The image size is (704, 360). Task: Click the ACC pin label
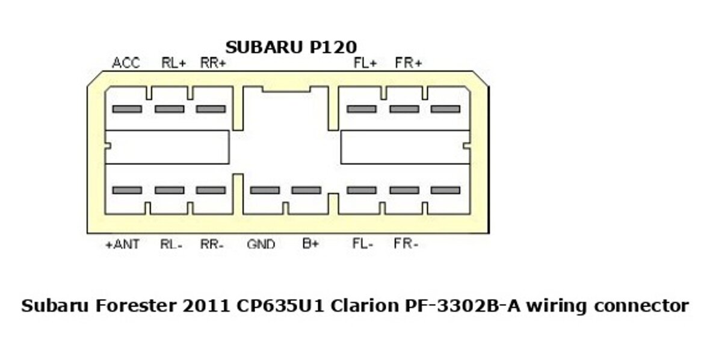(x=126, y=63)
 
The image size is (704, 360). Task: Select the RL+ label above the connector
(x=174, y=63)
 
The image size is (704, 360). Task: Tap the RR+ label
(x=213, y=63)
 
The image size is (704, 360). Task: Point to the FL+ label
(x=365, y=63)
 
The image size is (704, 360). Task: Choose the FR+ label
(x=409, y=63)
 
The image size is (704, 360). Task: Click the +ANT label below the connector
(x=122, y=244)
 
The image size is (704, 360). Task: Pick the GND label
(x=261, y=244)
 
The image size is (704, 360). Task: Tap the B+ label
(x=310, y=244)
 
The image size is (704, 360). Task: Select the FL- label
(x=363, y=244)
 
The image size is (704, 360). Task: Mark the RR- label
(x=212, y=244)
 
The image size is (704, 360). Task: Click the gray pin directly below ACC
(x=127, y=109)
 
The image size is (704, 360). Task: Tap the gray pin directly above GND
(x=265, y=190)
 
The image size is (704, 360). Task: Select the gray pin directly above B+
(x=306, y=190)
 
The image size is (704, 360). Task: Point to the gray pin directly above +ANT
(x=127, y=190)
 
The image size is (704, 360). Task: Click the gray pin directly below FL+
(x=362, y=109)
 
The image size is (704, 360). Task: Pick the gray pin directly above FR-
(x=404, y=190)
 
